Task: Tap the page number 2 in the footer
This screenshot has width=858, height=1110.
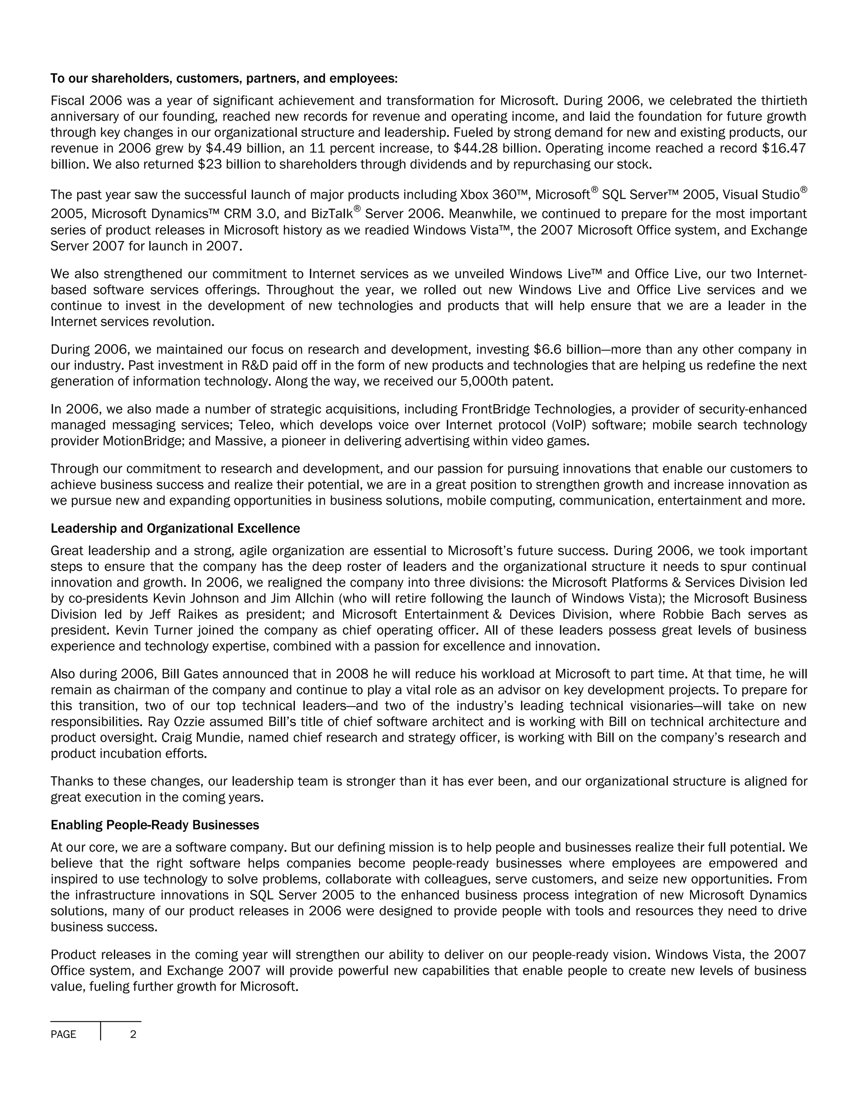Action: click(x=133, y=1034)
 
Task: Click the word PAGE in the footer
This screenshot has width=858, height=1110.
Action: click(x=64, y=1034)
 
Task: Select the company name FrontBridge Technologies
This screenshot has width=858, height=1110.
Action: click(x=544, y=409)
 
